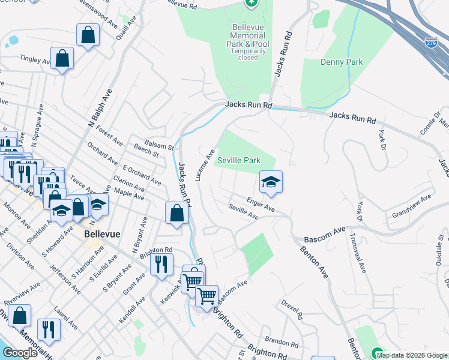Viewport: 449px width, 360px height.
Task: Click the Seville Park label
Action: tap(239, 161)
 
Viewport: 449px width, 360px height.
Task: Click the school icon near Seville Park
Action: tap(271, 182)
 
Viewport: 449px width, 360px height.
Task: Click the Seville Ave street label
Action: tap(243, 211)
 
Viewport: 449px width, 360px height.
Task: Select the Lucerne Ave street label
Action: tap(205, 166)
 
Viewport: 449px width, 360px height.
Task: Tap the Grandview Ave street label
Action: tap(411, 206)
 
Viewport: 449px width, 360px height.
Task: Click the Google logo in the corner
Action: tap(19, 352)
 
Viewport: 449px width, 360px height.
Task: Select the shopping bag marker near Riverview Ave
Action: tap(20, 316)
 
